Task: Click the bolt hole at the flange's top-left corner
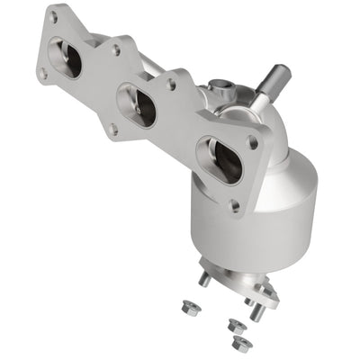pos(54,16)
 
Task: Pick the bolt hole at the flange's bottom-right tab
pos(236,206)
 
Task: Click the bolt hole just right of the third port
pos(253,142)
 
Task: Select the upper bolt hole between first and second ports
pos(115,50)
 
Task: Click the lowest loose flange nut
pos(239,343)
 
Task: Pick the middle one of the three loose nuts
pos(235,325)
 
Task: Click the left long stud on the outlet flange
pos(206,279)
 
